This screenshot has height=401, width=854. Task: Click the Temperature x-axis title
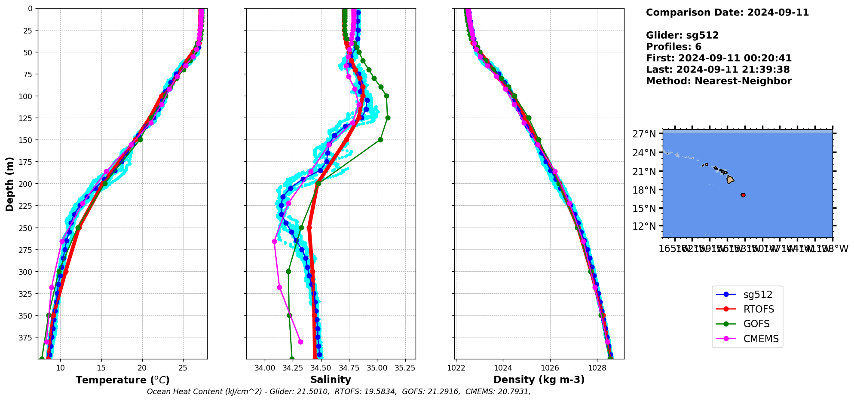(x=122, y=380)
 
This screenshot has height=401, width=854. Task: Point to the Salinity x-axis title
(x=331, y=380)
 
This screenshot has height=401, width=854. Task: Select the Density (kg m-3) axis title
(x=539, y=380)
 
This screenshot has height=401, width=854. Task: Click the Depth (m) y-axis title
(x=10, y=184)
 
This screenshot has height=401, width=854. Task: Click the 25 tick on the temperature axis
(x=183, y=368)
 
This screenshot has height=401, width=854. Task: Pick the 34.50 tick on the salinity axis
(x=321, y=368)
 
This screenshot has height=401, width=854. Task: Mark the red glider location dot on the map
(x=743, y=195)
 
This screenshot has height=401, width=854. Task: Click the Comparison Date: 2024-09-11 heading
(x=727, y=12)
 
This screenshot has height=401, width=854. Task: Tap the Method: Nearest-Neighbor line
(x=719, y=81)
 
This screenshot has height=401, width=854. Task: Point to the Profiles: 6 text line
(x=673, y=47)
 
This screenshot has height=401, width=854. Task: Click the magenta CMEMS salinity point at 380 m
(x=300, y=342)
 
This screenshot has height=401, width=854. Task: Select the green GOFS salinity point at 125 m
(x=388, y=118)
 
